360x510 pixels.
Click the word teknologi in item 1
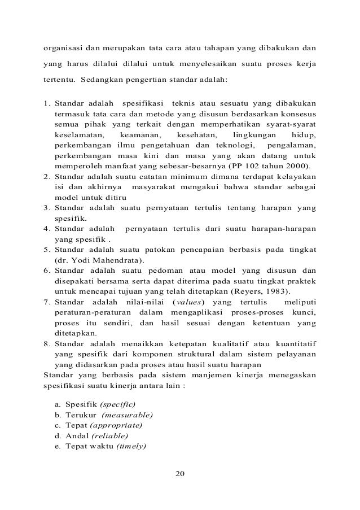223,146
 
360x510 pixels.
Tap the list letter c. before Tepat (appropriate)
58,425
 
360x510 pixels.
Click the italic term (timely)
130,446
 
